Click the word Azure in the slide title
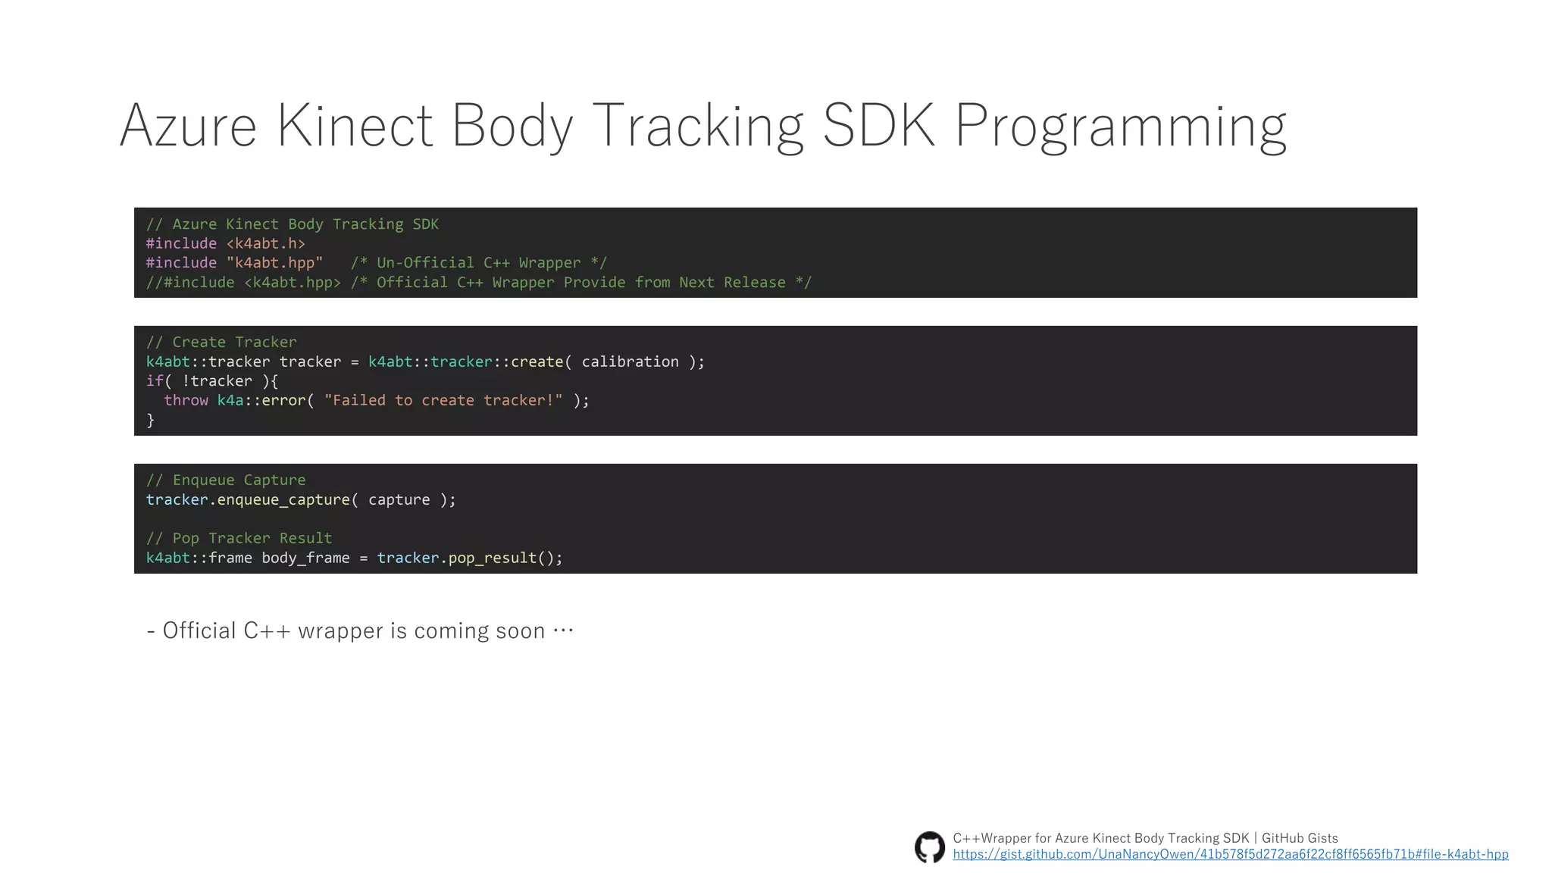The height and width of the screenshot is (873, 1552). click(x=188, y=126)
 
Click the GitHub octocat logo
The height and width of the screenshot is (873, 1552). click(x=929, y=846)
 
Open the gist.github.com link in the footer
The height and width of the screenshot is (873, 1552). click(x=1230, y=855)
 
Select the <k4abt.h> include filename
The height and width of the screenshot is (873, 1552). click(x=265, y=243)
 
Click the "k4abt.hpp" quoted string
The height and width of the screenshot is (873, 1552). click(x=274, y=263)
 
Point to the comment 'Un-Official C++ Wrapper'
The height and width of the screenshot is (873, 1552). click(x=478, y=263)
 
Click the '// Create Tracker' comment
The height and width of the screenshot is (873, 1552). click(x=221, y=342)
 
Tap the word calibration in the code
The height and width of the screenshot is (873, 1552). click(x=630, y=361)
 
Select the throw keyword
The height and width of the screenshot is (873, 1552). click(x=186, y=400)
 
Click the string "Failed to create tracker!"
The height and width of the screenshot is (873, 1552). click(x=443, y=400)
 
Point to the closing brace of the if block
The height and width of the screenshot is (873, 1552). click(x=150, y=420)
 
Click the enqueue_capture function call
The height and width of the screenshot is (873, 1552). click(x=283, y=500)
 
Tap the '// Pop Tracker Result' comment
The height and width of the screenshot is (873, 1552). click(x=239, y=538)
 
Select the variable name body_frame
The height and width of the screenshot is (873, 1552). click(x=305, y=558)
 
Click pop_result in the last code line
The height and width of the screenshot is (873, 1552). click(x=492, y=558)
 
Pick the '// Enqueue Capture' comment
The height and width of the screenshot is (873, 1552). click(x=226, y=480)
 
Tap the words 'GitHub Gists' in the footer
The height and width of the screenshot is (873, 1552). click(x=1299, y=838)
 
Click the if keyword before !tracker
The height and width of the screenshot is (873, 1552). click(x=154, y=381)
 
